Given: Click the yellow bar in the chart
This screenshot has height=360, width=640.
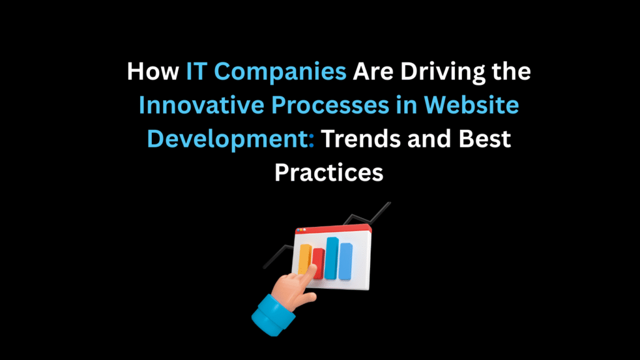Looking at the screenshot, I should (306, 258).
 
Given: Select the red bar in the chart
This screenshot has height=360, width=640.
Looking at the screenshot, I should (318, 263).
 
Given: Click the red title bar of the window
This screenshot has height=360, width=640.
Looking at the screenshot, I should (337, 229).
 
